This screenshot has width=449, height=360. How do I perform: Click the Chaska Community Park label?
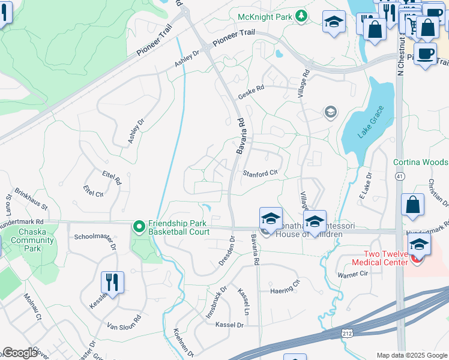point(37,240)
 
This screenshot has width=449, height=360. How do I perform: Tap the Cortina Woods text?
point(420,162)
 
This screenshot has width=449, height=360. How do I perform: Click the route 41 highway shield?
point(399,176)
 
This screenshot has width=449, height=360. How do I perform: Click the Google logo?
point(20,353)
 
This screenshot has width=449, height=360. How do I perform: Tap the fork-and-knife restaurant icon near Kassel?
point(112,281)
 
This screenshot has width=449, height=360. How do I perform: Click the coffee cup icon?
point(426,53)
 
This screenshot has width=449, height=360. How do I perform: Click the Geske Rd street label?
point(251,88)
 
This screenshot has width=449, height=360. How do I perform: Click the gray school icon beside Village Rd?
point(330,112)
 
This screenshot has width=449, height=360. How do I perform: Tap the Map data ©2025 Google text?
point(412,355)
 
